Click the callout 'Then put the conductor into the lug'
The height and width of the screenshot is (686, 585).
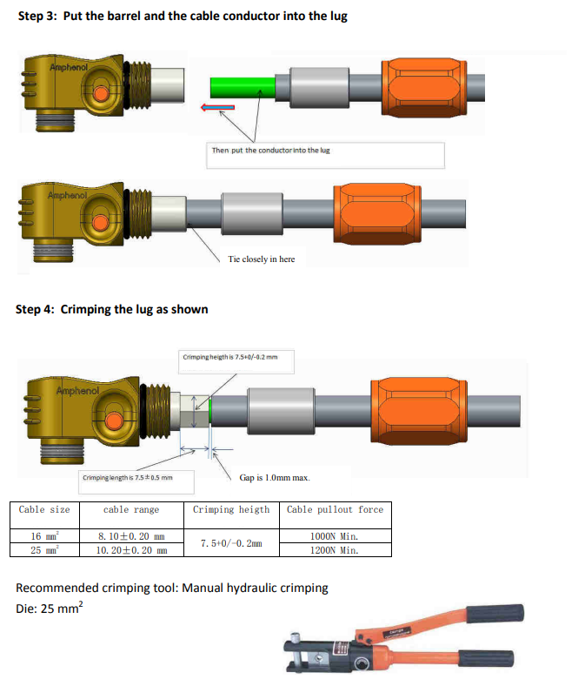(x=270, y=151)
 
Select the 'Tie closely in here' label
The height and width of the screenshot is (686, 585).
(x=261, y=259)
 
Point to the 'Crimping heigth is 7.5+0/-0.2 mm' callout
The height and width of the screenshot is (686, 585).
(x=230, y=356)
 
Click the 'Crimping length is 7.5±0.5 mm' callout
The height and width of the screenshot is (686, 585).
(x=128, y=477)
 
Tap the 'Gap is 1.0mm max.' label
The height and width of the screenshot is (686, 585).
(x=274, y=477)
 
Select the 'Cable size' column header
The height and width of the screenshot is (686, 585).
(x=44, y=509)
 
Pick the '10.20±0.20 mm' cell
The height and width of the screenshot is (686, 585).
(x=131, y=550)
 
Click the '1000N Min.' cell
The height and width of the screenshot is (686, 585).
(x=335, y=536)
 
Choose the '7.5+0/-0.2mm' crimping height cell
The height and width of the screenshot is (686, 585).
(x=231, y=543)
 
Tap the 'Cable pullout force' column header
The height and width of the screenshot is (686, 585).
(x=335, y=509)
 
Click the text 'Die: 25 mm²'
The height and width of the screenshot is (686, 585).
(x=49, y=609)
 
